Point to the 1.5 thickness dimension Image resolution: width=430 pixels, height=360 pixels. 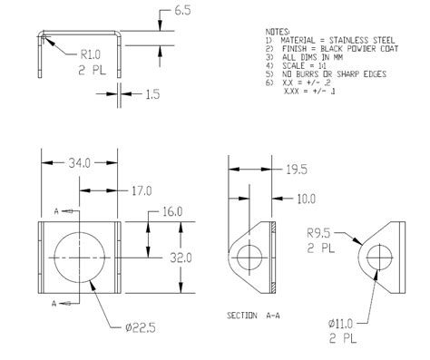coord(152,93)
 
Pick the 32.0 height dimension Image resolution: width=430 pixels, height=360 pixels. coord(181,257)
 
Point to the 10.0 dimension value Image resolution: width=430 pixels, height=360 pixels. coord(307,198)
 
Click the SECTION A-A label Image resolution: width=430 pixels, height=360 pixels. coord(253,316)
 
